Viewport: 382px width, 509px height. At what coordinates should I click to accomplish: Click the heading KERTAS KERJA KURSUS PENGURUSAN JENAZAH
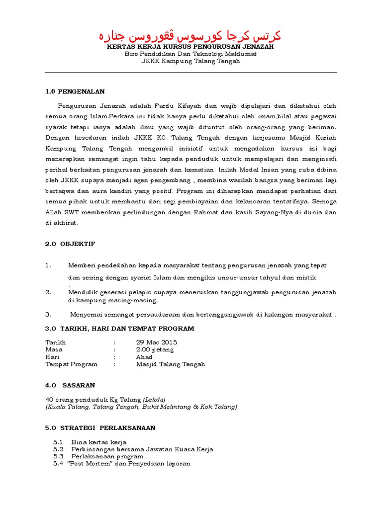tap(191, 46)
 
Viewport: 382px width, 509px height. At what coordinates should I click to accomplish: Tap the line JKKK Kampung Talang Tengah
tap(191, 61)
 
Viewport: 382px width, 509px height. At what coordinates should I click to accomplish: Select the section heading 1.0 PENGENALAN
tap(75, 91)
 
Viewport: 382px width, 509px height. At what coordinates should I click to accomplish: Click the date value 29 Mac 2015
tap(157, 342)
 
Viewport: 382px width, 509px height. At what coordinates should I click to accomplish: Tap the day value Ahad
tap(144, 357)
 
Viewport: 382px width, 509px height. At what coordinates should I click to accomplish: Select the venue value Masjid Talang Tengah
tap(171, 364)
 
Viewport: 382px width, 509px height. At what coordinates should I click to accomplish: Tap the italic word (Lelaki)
tap(154, 400)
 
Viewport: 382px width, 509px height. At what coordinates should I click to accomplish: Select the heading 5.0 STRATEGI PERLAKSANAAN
tap(100, 427)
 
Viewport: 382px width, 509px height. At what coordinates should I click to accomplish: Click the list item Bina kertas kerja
tap(99, 442)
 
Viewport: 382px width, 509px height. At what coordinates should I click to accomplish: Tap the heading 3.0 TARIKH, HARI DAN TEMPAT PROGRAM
tap(119, 329)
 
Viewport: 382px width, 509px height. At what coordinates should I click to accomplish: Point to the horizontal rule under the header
tap(191, 73)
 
